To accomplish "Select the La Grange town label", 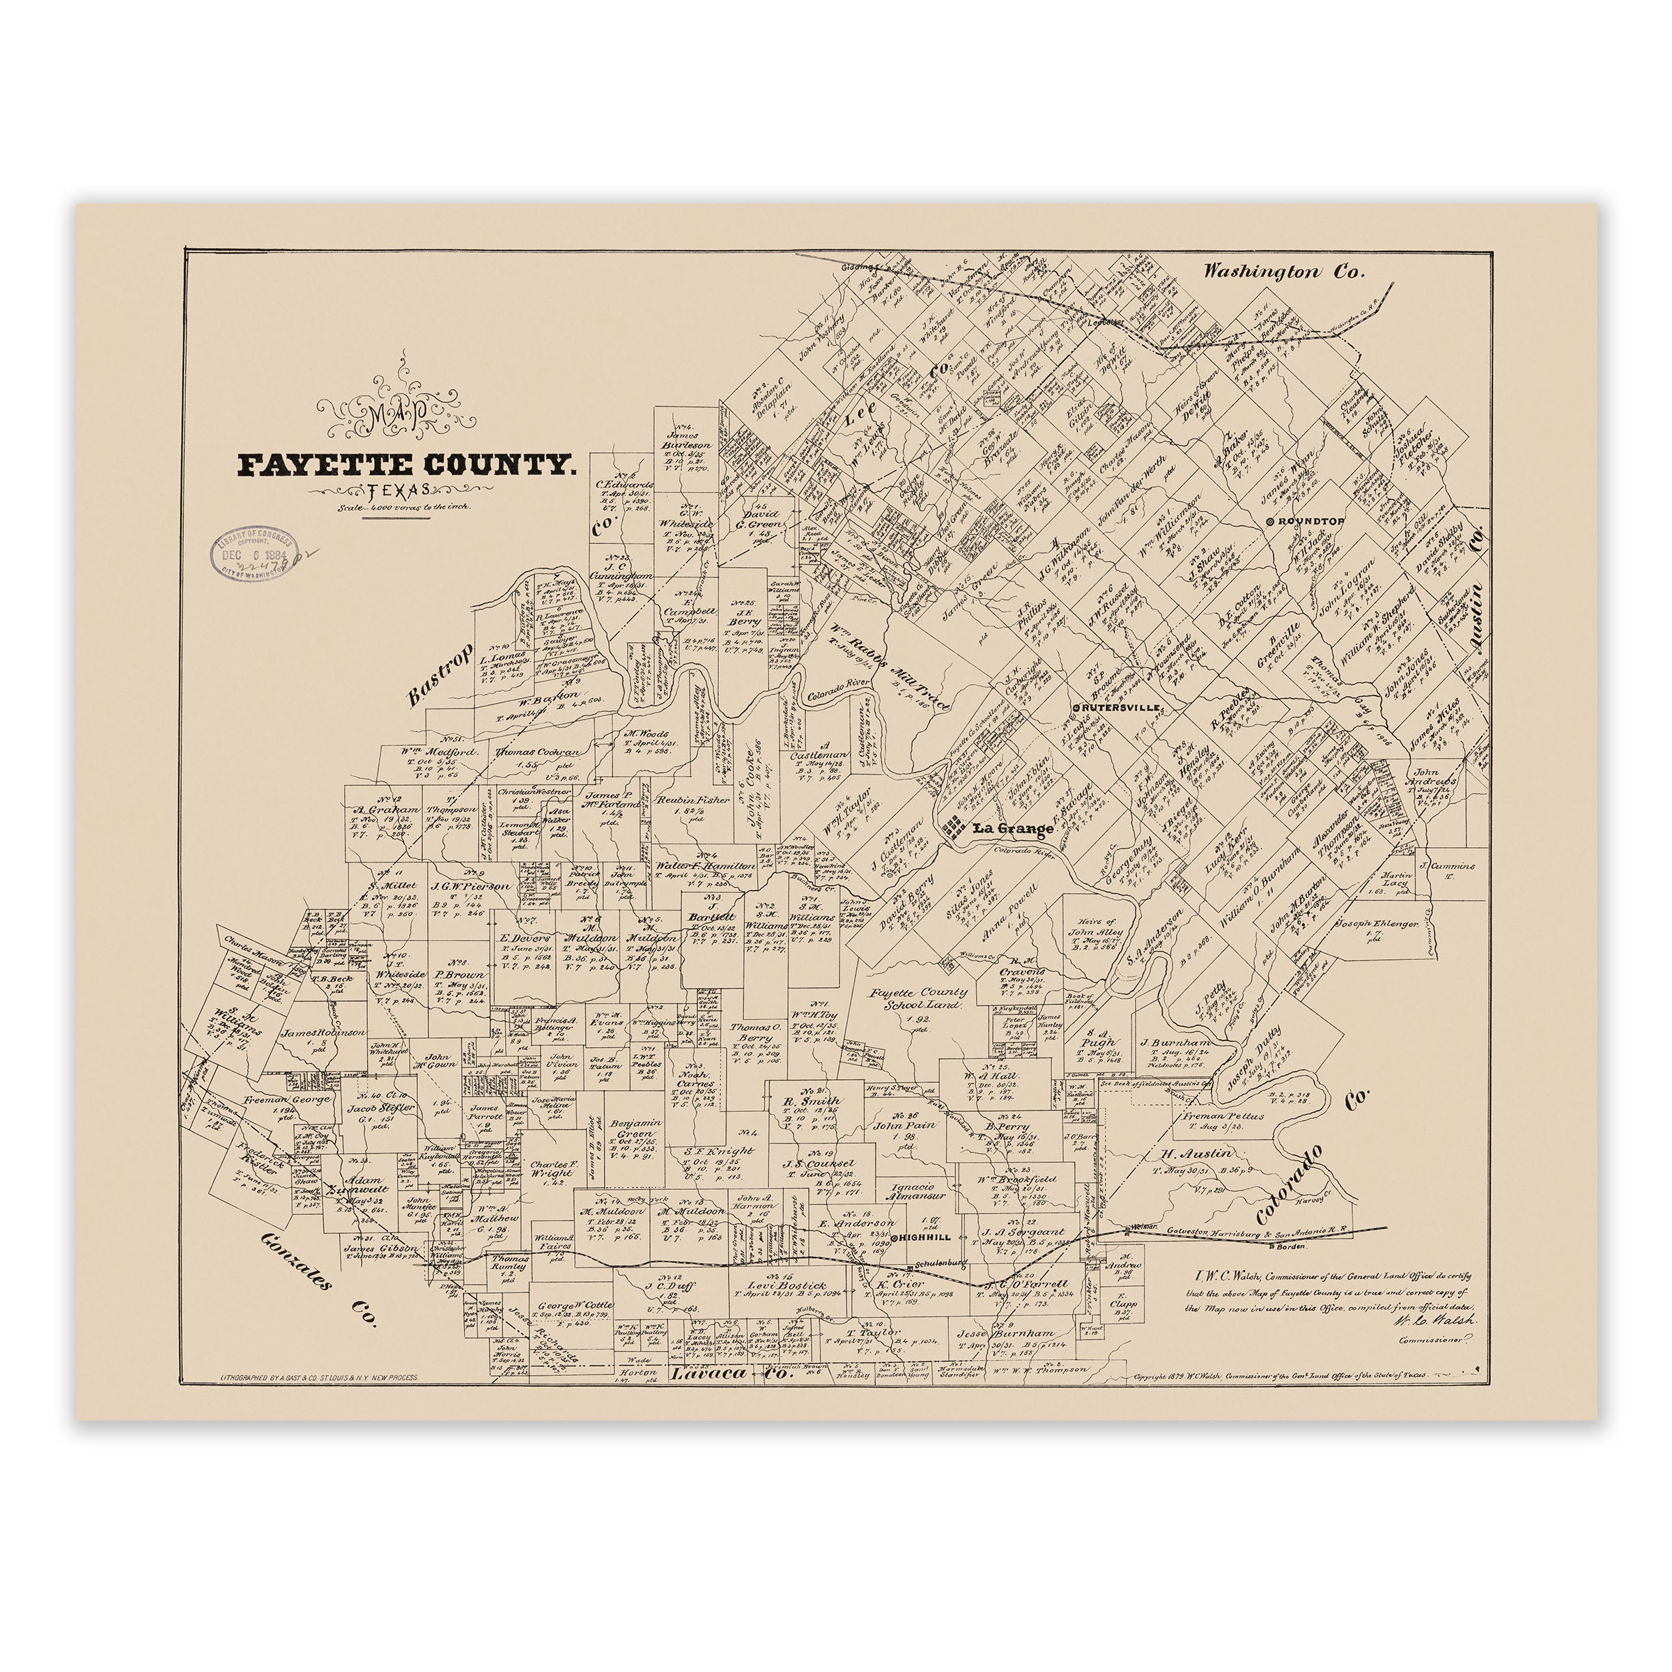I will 1012,828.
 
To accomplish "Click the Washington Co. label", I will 1284,272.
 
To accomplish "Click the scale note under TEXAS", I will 404,508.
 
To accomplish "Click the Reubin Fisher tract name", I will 692,800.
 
